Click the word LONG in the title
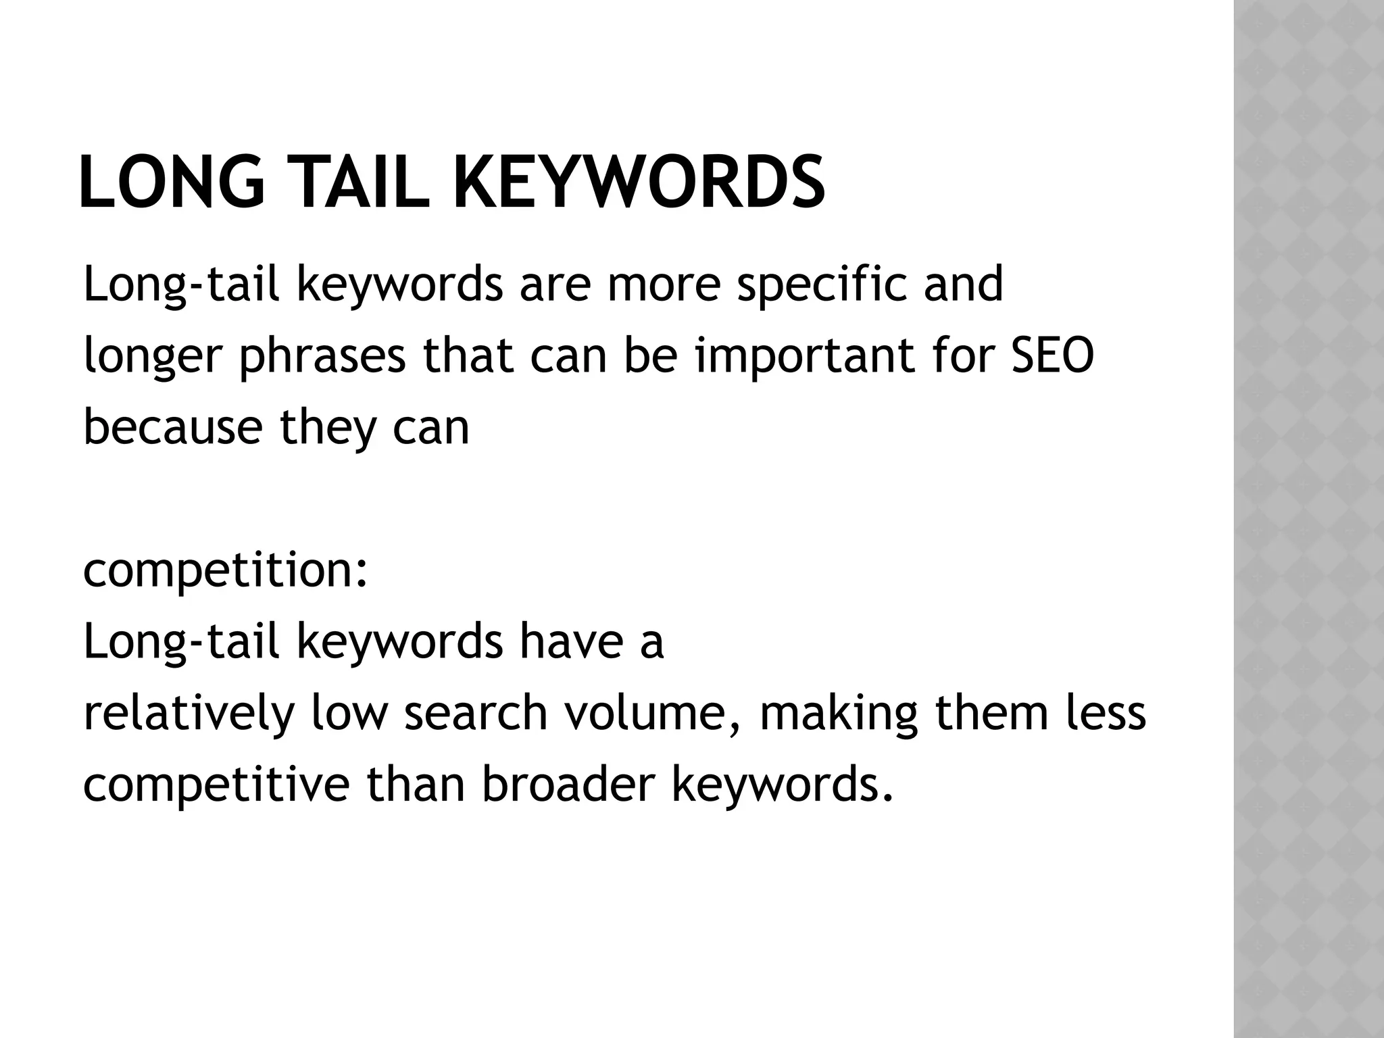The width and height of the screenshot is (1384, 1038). (x=172, y=182)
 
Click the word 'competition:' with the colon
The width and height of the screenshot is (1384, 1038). (x=226, y=572)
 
